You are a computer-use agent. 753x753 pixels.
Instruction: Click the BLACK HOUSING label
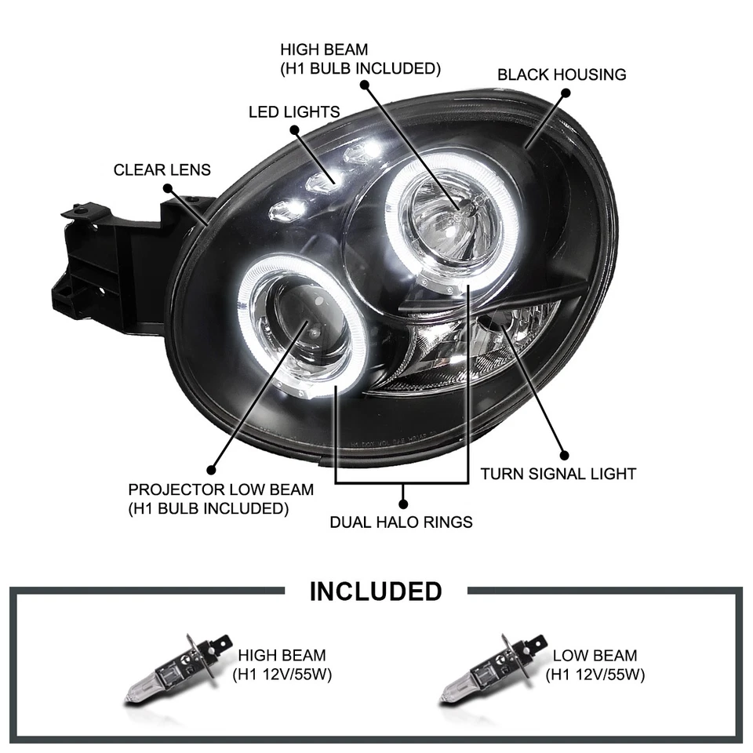tap(562, 75)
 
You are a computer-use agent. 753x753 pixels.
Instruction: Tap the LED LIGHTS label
tap(294, 112)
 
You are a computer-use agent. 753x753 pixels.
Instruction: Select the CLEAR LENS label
tap(162, 169)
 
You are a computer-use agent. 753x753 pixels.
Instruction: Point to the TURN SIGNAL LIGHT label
tap(558, 474)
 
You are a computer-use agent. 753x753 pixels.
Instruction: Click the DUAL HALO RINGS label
tap(401, 521)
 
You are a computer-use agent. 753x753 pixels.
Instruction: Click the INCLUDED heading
tap(376, 591)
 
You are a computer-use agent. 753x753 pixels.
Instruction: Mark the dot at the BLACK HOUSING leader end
tap(565, 93)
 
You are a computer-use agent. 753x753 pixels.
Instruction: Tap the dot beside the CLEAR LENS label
tap(167, 188)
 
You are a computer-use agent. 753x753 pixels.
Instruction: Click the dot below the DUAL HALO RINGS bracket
tap(402, 502)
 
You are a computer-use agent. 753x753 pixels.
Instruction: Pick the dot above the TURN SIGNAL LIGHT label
tap(563, 454)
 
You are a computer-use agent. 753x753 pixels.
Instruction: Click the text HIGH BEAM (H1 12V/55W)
tap(282, 664)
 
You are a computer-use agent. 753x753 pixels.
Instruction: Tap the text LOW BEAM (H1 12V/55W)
tap(595, 664)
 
